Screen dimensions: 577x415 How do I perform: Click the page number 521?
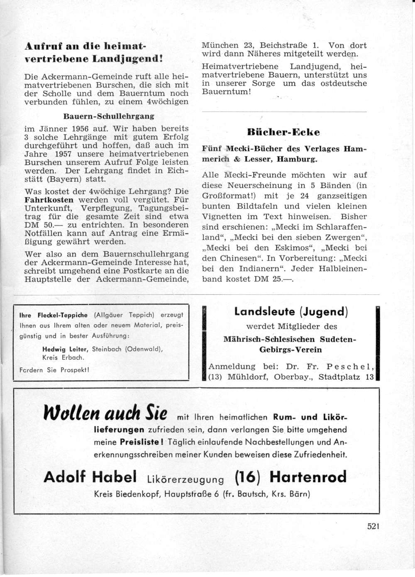373,526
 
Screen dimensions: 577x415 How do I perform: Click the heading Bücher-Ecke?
283,132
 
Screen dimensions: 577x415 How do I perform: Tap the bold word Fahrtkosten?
49,200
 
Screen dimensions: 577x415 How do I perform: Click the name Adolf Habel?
90,477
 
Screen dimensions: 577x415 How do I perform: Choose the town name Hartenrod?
308,477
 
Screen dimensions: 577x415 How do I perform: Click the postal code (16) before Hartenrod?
248,477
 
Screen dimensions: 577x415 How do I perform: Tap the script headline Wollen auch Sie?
105,413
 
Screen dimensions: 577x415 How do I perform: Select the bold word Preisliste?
141,443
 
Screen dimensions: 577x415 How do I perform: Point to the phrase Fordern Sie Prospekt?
54,370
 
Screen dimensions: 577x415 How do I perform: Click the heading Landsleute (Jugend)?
291,311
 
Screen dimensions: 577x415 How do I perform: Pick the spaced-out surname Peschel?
351,367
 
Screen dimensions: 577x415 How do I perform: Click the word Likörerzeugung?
186,479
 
